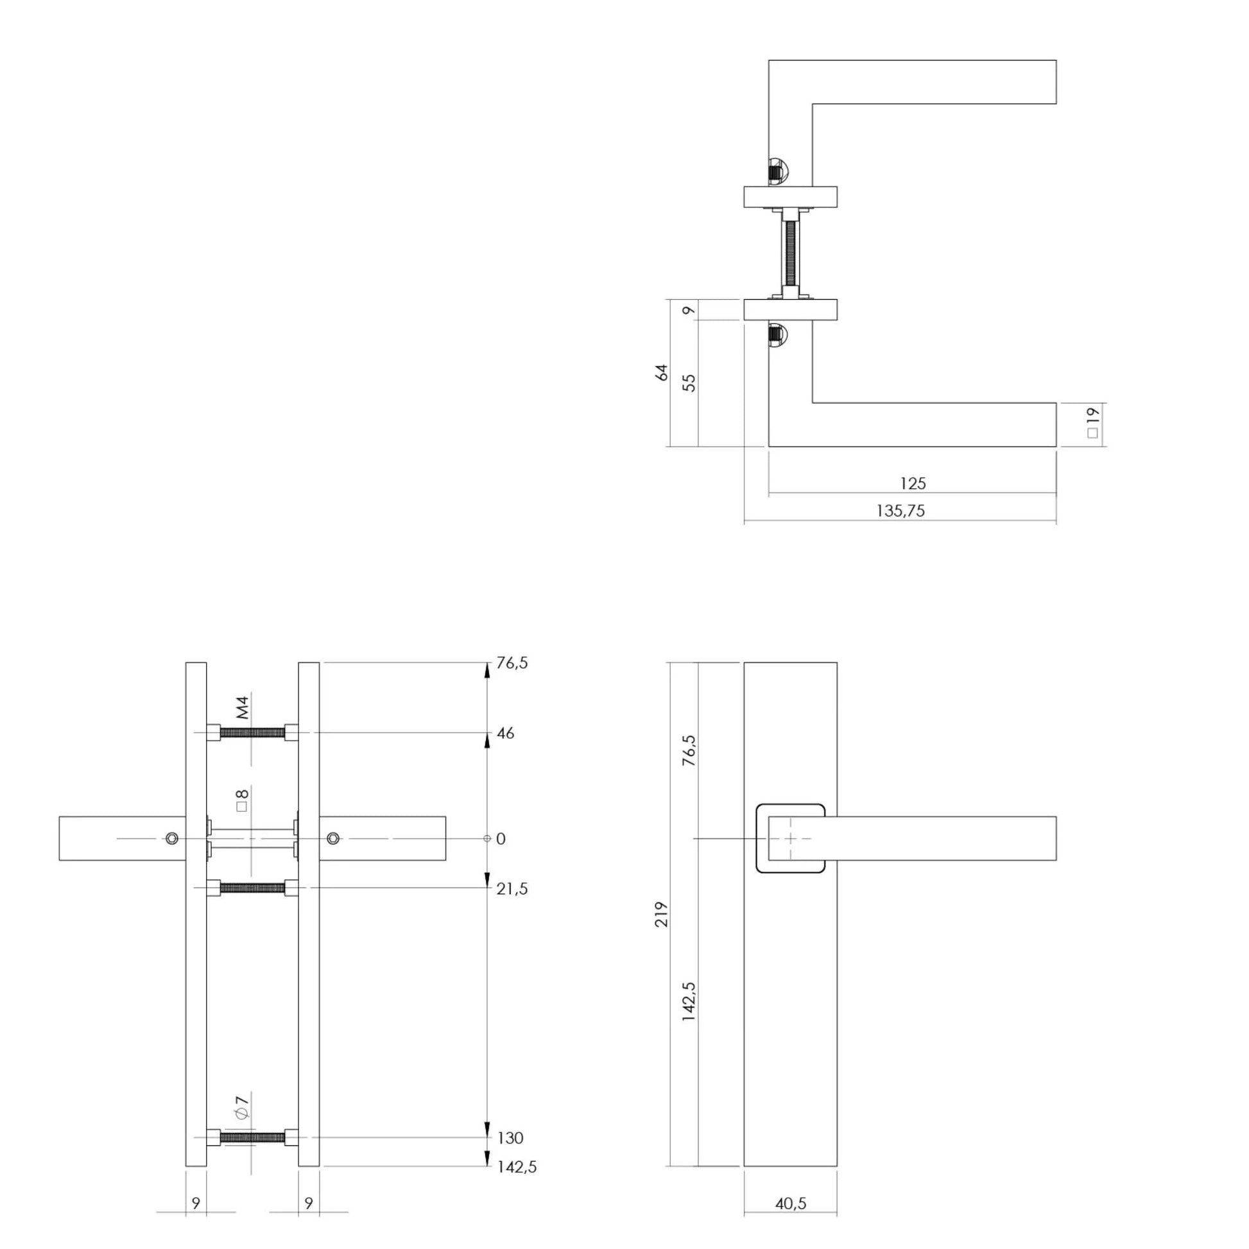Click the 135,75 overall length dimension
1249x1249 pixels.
(x=900, y=511)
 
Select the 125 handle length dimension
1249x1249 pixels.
(x=912, y=483)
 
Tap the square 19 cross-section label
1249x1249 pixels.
(x=1092, y=423)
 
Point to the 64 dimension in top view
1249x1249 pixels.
(x=661, y=372)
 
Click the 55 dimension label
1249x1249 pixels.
(x=690, y=382)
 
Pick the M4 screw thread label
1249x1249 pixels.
(x=243, y=708)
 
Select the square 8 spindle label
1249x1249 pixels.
(x=242, y=800)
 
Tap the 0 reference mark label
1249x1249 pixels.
(x=501, y=839)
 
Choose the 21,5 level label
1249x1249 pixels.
(x=512, y=889)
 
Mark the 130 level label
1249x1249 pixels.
(x=510, y=1138)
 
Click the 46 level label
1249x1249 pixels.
(x=506, y=734)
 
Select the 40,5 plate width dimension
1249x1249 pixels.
(x=790, y=1203)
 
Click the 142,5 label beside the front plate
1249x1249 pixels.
(x=689, y=1001)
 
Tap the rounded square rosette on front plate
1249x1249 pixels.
(x=790, y=838)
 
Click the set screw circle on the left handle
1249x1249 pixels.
(x=171, y=838)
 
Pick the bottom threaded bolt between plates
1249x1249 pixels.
(x=252, y=1138)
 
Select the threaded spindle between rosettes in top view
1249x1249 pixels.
(x=790, y=254)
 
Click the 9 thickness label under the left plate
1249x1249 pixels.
(x=196, y=1203)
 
